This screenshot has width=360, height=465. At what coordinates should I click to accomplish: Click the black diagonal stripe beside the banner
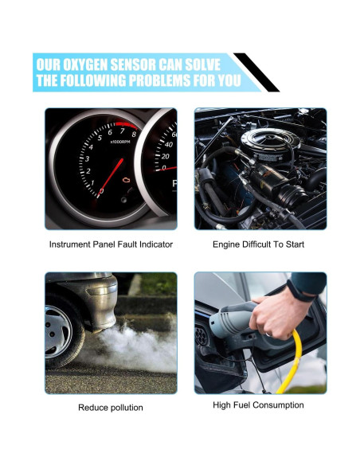click(256, 72)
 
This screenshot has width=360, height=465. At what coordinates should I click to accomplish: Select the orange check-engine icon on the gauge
click(127, 180)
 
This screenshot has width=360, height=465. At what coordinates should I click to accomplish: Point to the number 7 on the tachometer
click(122, 131)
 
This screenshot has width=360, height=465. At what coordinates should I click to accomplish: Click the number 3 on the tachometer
click(87, 158)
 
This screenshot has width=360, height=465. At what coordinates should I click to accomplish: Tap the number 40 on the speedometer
click(168, 144)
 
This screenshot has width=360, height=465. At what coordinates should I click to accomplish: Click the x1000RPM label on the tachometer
click(120, 142)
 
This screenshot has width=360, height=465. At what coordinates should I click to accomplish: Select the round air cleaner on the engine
click(270, 141)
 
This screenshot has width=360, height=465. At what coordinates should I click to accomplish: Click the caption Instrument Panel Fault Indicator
click(111, 244)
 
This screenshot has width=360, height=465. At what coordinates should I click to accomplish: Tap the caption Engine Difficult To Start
click(258, 244)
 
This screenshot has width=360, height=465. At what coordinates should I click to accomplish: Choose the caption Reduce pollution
click(111, 408)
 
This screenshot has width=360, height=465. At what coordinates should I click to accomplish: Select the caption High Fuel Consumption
click(258, 405)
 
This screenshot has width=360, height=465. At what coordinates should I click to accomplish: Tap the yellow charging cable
click(292, 361)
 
